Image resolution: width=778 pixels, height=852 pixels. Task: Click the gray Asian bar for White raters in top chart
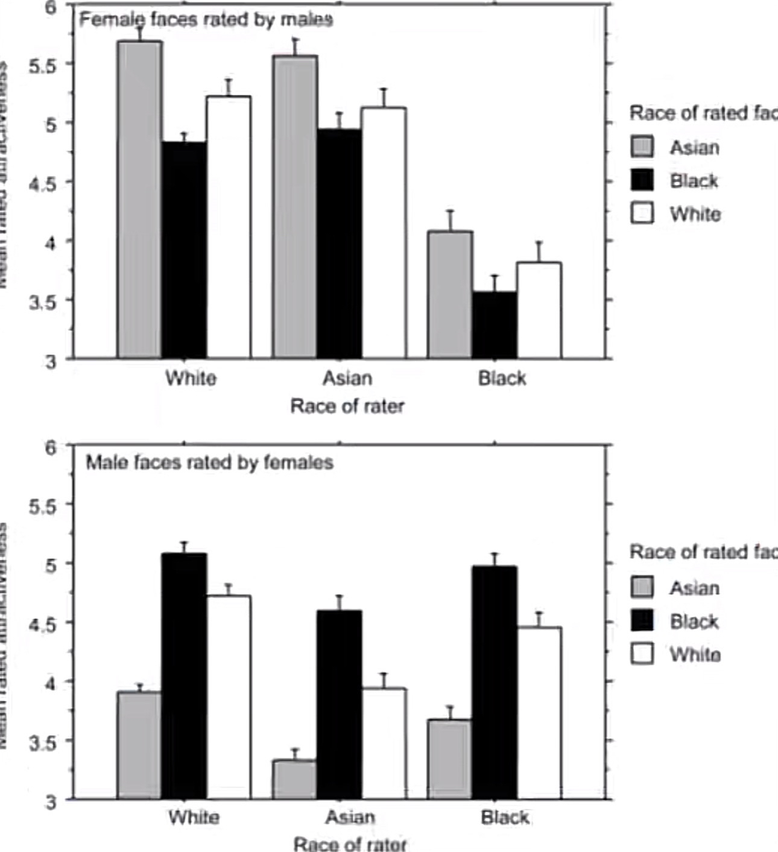click(x=139, y=199)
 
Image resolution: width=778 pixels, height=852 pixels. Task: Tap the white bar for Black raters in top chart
click(x=539, y=311)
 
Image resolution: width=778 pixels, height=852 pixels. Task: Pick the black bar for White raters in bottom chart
click(x=184, y=676)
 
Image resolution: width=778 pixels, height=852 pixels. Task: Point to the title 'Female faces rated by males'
click(x=206, y=20)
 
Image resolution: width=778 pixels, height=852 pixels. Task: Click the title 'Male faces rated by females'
click(x=209, y=462)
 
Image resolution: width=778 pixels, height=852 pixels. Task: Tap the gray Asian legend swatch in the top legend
click(x=642, y=147)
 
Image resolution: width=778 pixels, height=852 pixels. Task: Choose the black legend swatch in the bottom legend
click(x=642, y=620)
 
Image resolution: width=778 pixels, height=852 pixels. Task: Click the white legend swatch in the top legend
click(x=642, y=213)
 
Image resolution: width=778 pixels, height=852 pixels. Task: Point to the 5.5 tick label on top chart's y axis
click(x=42, y=65)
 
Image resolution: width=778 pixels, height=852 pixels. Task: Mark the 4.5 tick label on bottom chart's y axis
click(x=42, y=623)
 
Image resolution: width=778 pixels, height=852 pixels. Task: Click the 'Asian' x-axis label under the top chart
click(x=347, y=378)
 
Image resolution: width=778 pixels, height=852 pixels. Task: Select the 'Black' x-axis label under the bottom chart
click(x=505, y=818)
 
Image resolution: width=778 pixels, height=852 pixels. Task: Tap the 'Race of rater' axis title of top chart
click(x=347, y=406)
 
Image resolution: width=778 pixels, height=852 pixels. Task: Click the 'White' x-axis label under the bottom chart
click(x=194, y=818)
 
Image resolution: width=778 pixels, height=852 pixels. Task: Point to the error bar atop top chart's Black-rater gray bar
click(x=450, y=220)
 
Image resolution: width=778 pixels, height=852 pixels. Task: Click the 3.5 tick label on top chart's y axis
click(x=42, y=301)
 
